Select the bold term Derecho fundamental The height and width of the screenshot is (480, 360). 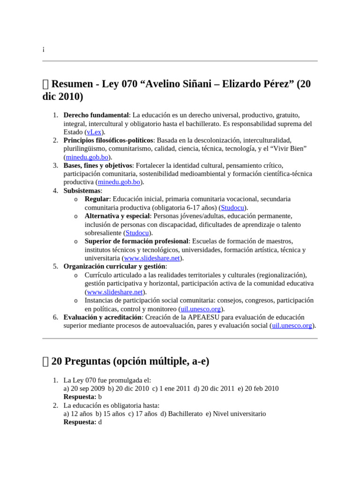click(96, 115)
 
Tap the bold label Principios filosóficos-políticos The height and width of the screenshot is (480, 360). click(108, 140)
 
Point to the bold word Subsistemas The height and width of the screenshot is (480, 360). click(82, 191)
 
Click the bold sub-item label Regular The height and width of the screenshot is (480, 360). click(97, 199)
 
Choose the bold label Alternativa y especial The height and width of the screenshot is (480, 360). click(117, 216)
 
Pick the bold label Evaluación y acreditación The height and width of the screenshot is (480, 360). click(102, 317)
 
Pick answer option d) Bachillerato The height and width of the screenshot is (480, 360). click(181, 414)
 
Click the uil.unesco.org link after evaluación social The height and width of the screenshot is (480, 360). click(292, 326)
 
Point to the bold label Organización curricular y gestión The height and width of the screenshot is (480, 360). click(114, 267)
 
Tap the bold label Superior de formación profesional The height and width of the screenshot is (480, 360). click(136, 241)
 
